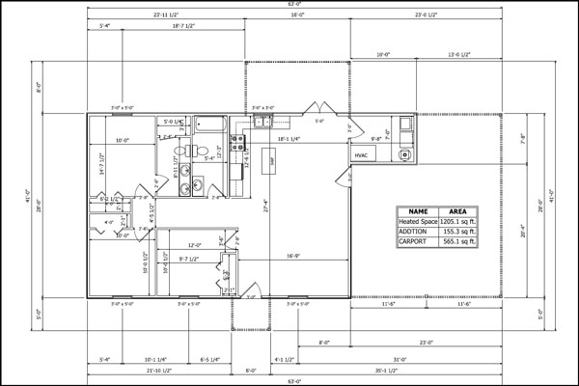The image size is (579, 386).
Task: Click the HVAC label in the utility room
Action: click(361, 154)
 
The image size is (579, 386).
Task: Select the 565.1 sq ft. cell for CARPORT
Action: click(459, 242)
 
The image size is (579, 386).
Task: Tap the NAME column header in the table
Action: click(418, 210)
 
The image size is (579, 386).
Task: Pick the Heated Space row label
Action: click(418, 221)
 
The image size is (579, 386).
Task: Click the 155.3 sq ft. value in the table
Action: click(459, 232)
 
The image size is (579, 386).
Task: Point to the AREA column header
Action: click(459, 210)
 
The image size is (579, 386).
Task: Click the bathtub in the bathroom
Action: click(209, 124)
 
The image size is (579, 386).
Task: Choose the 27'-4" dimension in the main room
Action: click(266, 205)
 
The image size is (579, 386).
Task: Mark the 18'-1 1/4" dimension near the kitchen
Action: click(289, 139)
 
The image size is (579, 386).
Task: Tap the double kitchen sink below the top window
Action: click(263, 122)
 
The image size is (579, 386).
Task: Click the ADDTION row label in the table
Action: click(418, 232)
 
